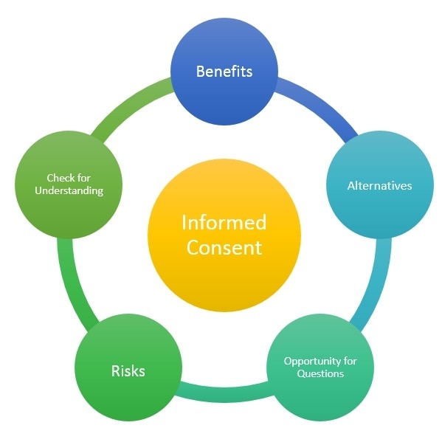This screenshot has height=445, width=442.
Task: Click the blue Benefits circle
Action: [x=224, y=72]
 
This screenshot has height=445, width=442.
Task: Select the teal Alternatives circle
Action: [x=379, y=185]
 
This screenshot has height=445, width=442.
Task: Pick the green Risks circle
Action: [x=128, y=370]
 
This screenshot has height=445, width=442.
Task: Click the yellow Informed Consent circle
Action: [x=224, y=235]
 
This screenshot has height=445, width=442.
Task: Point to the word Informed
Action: [x=224, y=222]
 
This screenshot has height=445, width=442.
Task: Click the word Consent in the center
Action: [x=224, y=247]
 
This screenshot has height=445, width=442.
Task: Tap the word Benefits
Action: [x=224, y=72]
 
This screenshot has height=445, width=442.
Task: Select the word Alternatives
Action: [x=379, y=185]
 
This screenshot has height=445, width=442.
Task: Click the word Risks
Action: [x=128, y=370]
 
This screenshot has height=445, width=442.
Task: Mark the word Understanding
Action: [x=69, y=190]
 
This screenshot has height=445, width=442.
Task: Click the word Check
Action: [x=61, y=178]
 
